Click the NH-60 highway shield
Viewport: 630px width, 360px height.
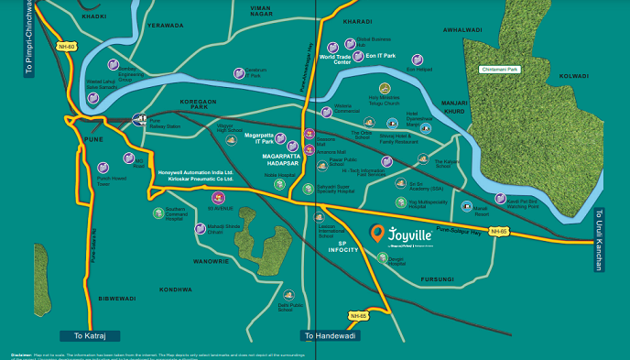point(65,46)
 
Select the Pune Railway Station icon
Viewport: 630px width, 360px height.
point(140,119)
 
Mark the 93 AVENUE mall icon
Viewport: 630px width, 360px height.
point(218,198)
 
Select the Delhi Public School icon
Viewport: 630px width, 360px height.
point(291,294)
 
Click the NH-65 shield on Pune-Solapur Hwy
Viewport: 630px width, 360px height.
point(498,232)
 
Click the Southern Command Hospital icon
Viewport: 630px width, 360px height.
point(158,213)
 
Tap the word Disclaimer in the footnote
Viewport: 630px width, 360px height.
point(20,355)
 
